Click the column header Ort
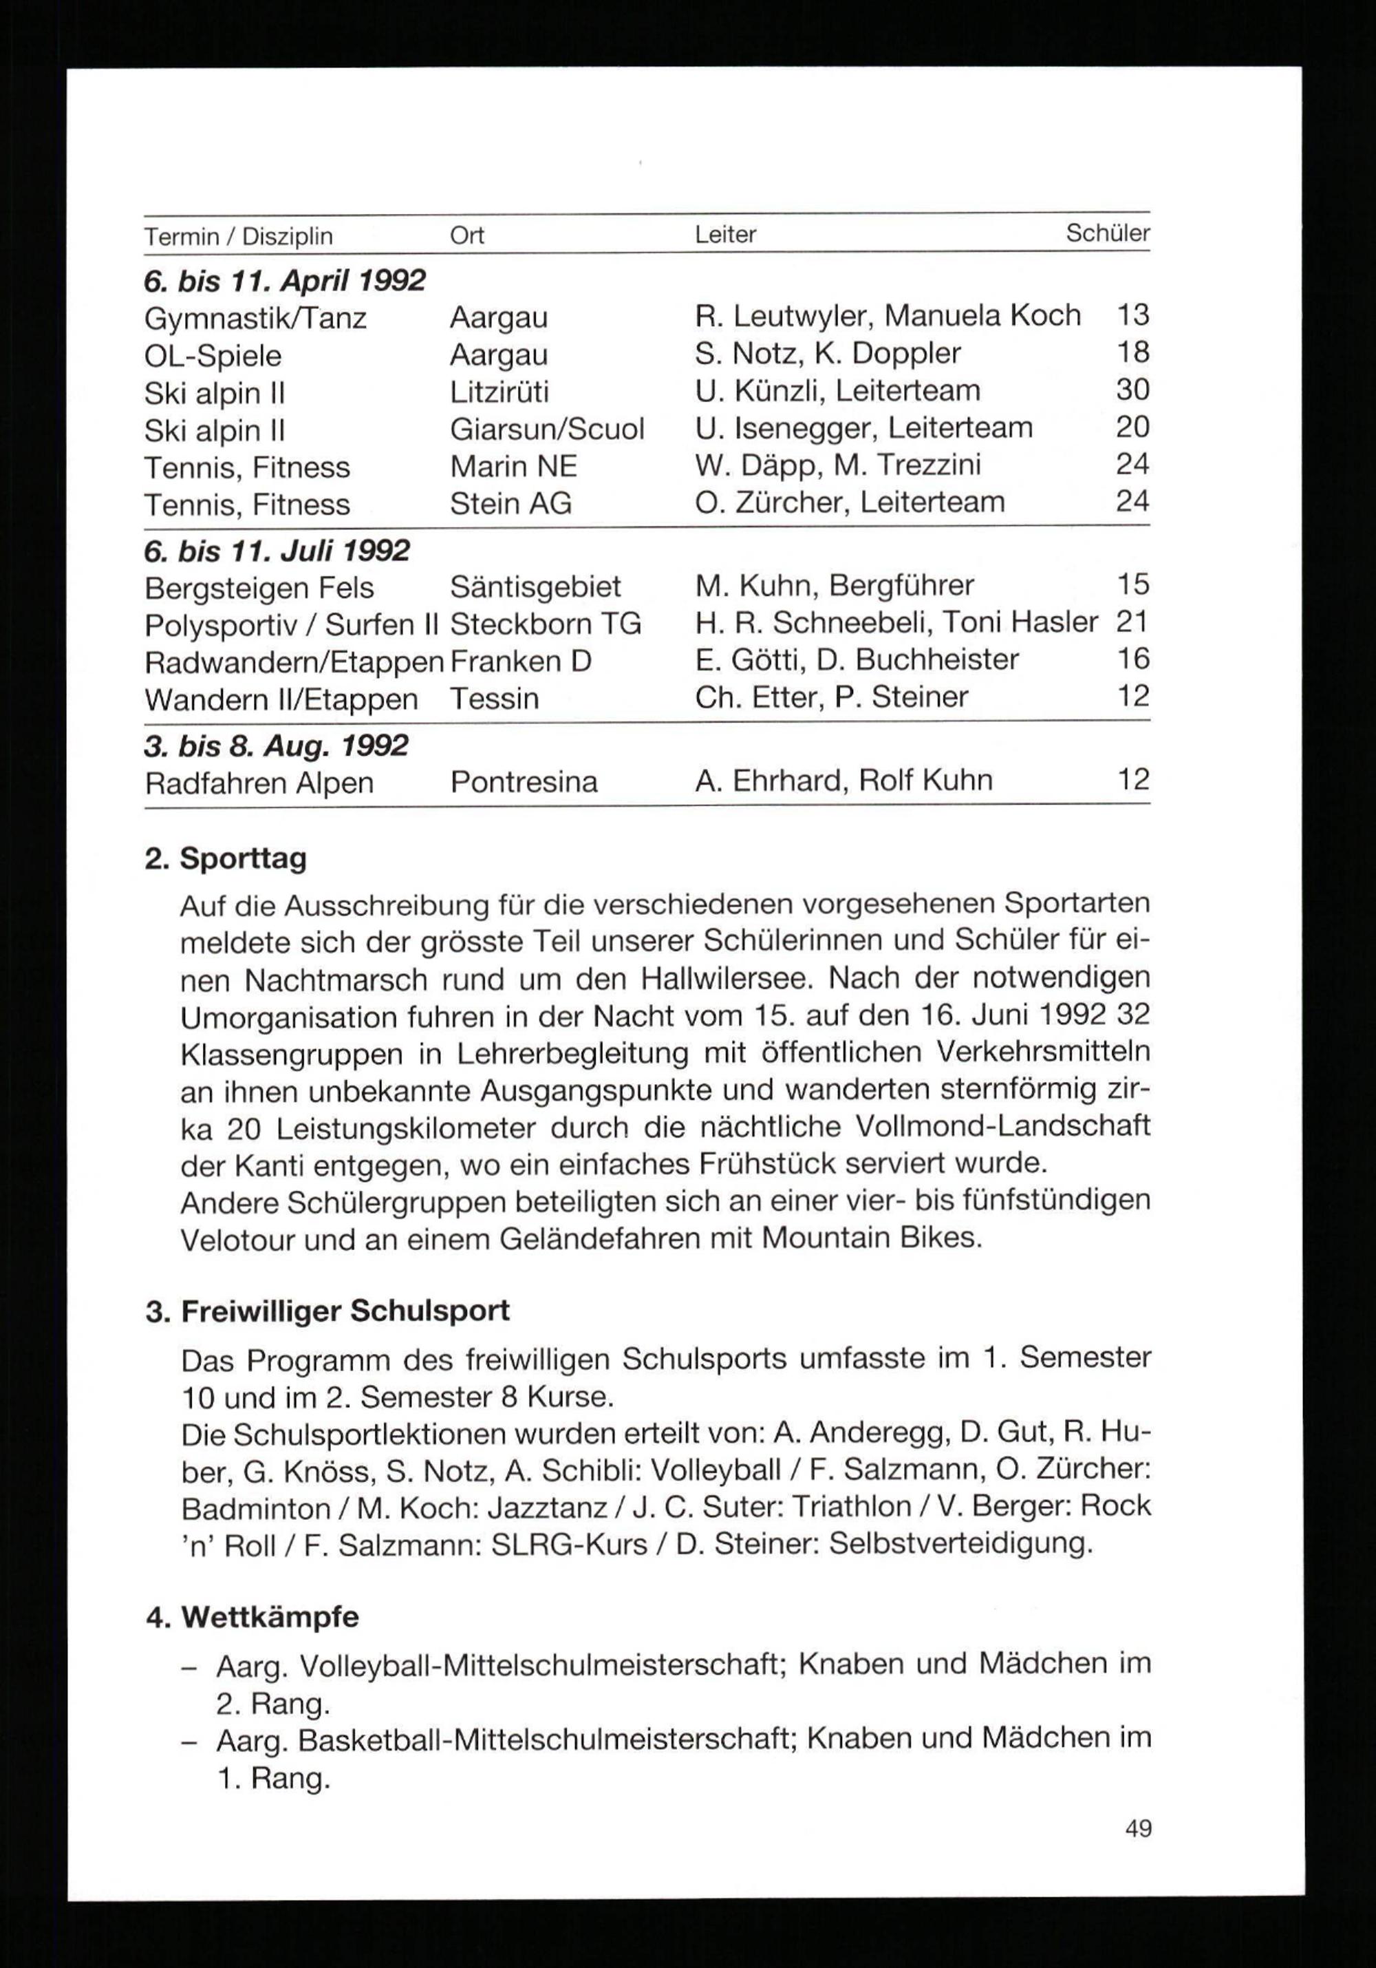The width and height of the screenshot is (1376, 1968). point(467,235)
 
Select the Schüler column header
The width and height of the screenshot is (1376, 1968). point(1107,233)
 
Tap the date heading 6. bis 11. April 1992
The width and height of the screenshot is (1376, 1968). point(284,280)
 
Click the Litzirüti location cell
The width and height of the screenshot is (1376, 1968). point(499,392)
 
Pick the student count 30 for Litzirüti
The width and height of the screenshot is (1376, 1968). point(1132,390)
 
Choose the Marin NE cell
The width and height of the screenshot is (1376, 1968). point(513,466)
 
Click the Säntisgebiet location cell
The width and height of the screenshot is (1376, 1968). point(535,587)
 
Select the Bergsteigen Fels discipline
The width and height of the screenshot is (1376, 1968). point(259,588)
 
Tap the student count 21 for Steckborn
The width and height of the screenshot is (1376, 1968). point(1132,622)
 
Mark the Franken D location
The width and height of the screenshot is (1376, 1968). point(520,662)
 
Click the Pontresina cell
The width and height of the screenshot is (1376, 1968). point(524,783)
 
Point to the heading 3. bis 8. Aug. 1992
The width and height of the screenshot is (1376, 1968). point(276,745)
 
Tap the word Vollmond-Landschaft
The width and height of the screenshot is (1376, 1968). point(1002,1125)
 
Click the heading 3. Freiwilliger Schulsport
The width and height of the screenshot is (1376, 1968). point(328,1311)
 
